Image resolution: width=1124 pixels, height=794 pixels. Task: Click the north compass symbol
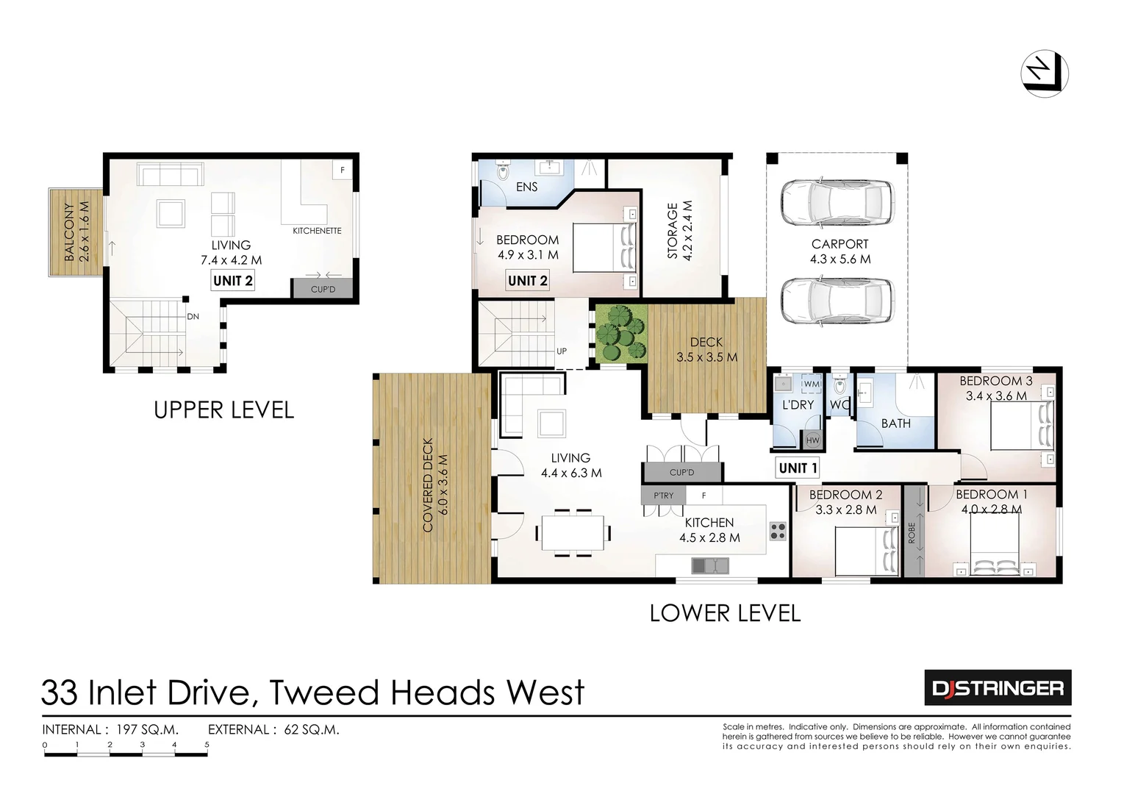[x=1044, y=74]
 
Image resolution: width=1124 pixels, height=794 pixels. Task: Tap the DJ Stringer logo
[x=997, y=688]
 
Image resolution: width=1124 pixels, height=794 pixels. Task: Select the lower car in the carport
[x=837, y=301]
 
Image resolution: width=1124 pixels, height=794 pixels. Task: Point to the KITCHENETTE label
[x=317, y=231]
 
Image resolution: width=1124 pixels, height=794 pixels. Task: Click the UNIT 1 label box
[x=798, y=468]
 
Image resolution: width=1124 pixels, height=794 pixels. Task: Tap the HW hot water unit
[x=812, y=440]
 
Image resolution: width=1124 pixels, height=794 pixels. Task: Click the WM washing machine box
[x=812, y=384]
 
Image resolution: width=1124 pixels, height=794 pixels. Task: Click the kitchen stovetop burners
[x=777, y=531]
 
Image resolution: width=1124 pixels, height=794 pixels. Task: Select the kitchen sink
[x=709, y=565]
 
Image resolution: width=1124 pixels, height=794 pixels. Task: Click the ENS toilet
[x=503, y=171]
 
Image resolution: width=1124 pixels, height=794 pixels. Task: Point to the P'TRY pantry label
[x=663, y=496]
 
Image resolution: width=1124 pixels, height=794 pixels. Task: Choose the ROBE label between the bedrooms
[x=912, y=532]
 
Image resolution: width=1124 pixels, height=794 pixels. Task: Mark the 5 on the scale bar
[x=207, y=745]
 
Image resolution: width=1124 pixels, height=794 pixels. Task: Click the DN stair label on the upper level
[x=193, y=317]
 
